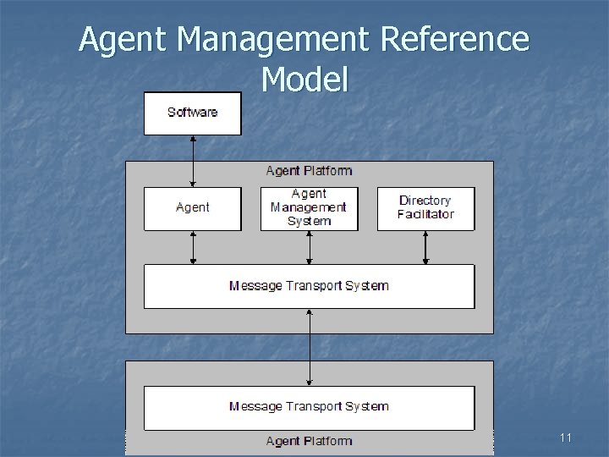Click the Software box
coord(192,113)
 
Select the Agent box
coord(192,208)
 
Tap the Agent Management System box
coord(309,208)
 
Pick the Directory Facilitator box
coord(425,208)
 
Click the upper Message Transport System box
coord(309,286)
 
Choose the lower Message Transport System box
coord(309,407)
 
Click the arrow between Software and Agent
coord(193,161)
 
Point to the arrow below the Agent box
coord(193,247)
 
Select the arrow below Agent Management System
coord(310,247)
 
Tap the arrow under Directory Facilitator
coord(425,247)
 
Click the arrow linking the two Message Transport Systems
coord(310,347)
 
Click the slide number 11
coord(566,438)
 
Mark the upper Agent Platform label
coord(309,171)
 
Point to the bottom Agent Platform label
coord(309,441)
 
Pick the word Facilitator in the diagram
coord(425,214)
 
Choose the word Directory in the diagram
coord(425,201)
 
